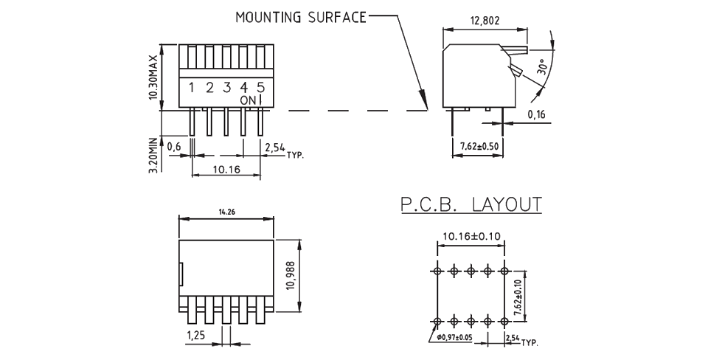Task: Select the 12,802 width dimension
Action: (484, 21)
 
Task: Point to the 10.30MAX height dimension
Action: (153, 77)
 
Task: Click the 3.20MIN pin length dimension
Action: (153, 156)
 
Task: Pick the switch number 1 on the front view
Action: (191, 89)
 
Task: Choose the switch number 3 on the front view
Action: (226, 89)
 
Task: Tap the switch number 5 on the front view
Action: (260, 89)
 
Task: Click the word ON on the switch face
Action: (246, 100)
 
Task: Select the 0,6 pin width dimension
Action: (174, 147)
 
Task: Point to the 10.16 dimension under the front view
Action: (226, 169)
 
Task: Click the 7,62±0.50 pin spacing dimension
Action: (479, 146)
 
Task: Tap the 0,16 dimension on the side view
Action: (536, 114)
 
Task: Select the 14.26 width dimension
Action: (226, 212)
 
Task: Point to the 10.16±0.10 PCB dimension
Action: (471, 237)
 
